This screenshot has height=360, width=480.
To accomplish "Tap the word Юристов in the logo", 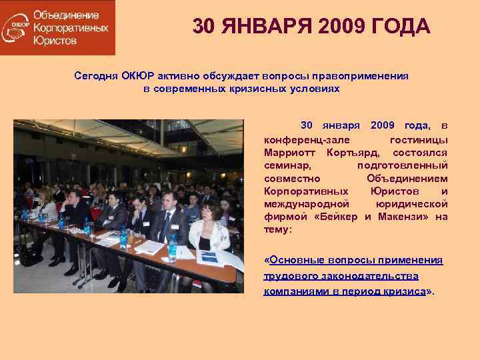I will click(x=55, y=41).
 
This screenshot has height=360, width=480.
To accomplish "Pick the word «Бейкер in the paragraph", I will click(x=339, y=217).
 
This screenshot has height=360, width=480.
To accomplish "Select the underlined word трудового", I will click(x=292, y=276).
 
